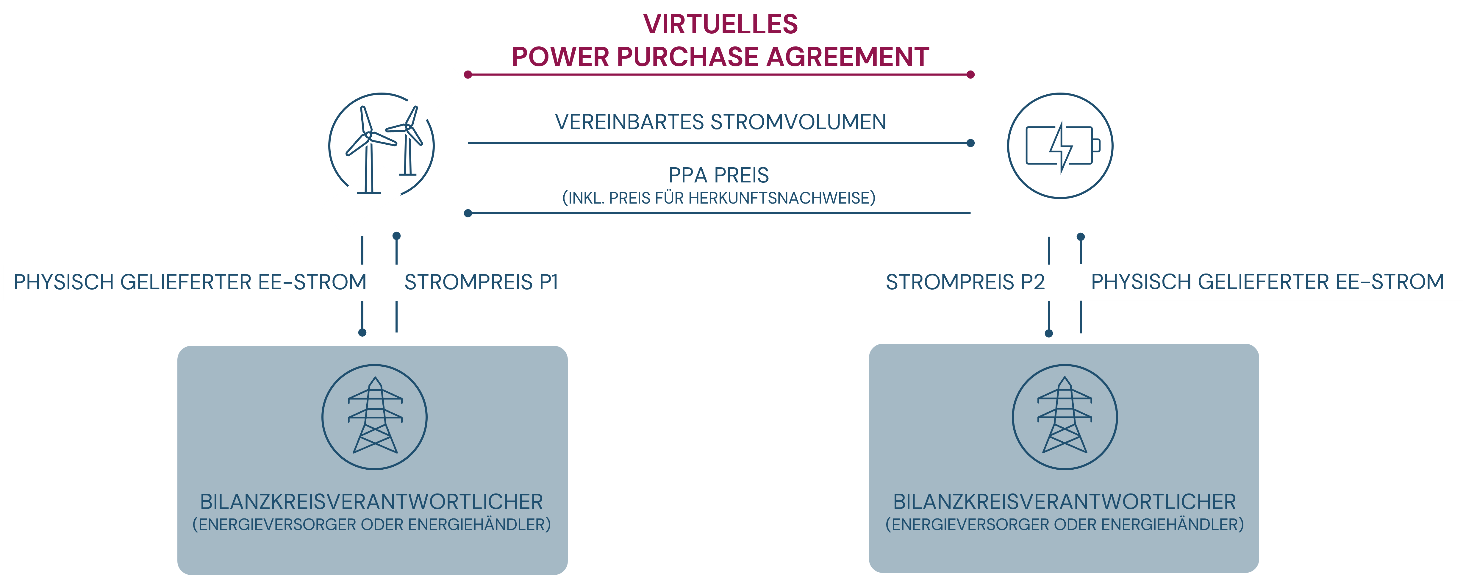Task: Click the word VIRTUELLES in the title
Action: [x=720, y=24]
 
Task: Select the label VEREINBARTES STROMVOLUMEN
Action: [x=720, y=122]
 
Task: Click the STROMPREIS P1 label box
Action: [x=481, y=282]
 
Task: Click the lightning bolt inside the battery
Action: [x=1060, y=147]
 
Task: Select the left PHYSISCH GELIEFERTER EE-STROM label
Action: [x=190, y=282]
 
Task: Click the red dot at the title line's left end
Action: [x=468, y=74]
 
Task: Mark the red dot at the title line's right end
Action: [x=970, y=74]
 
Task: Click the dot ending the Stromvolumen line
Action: [x=970, y=143]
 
